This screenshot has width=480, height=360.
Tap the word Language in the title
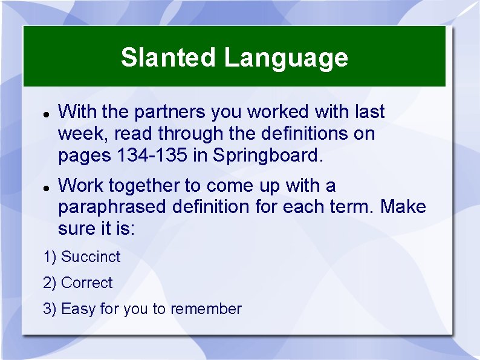286,58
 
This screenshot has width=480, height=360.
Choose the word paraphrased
112,207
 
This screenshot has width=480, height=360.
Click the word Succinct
91,257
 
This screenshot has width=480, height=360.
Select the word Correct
87,283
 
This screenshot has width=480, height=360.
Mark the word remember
206,309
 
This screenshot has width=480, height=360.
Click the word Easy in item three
78,309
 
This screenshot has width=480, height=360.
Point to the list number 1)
50,257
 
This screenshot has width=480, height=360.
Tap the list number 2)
50,283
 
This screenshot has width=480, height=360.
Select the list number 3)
50,309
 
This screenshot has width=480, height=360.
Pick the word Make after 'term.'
403,207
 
